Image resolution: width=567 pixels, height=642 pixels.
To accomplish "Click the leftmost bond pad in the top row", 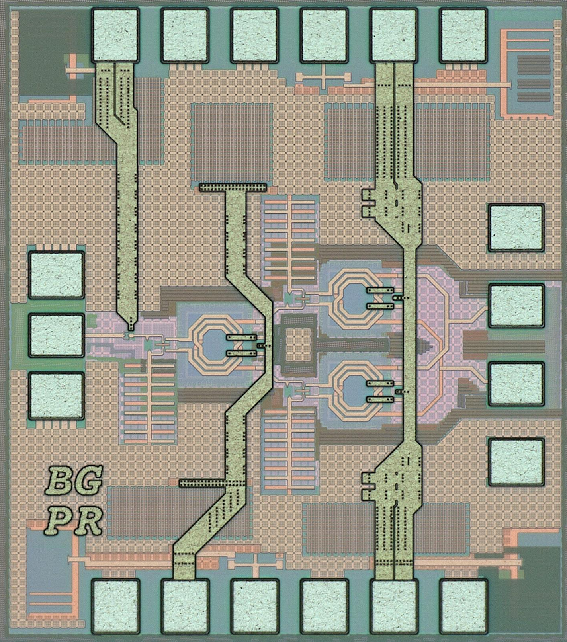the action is pos(115,35).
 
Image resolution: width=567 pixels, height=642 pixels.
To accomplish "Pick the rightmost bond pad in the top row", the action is pos(463,35).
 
